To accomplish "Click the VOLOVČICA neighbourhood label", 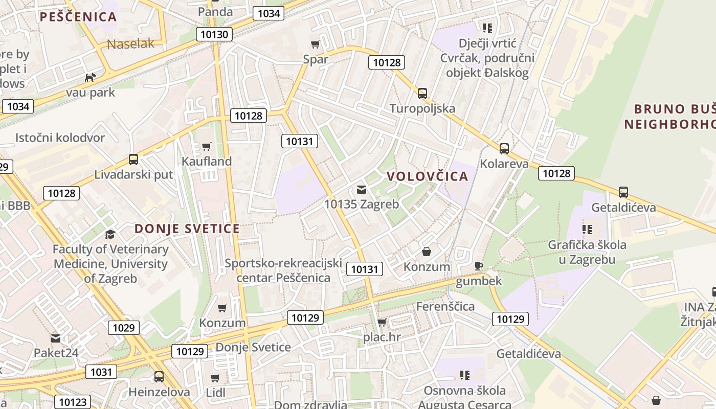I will pos(427,176).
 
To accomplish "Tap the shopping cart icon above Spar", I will pos(316,44).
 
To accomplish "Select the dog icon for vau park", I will pos(91,78).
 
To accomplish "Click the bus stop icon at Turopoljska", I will pos(422,94).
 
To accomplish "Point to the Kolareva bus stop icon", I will pos(504,149).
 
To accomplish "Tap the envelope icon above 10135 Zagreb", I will pos(362,190).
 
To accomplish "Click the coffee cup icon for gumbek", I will pos(479,266).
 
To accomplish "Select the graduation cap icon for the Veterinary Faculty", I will pos(110,234).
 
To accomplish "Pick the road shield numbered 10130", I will pos(214,34).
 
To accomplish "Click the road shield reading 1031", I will pos(101,372).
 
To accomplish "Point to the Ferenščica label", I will pos(445,307).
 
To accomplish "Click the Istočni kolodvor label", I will pos(60,138).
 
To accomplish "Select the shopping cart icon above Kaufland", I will pos(207,147).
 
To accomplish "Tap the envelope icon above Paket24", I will pos(56,338).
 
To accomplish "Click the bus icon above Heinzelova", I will pos(159,377).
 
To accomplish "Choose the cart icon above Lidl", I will pos(215,378).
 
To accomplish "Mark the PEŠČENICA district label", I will pos(78,17).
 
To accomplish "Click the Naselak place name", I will pos(130,44).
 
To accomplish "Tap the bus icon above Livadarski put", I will pos(133,160).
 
